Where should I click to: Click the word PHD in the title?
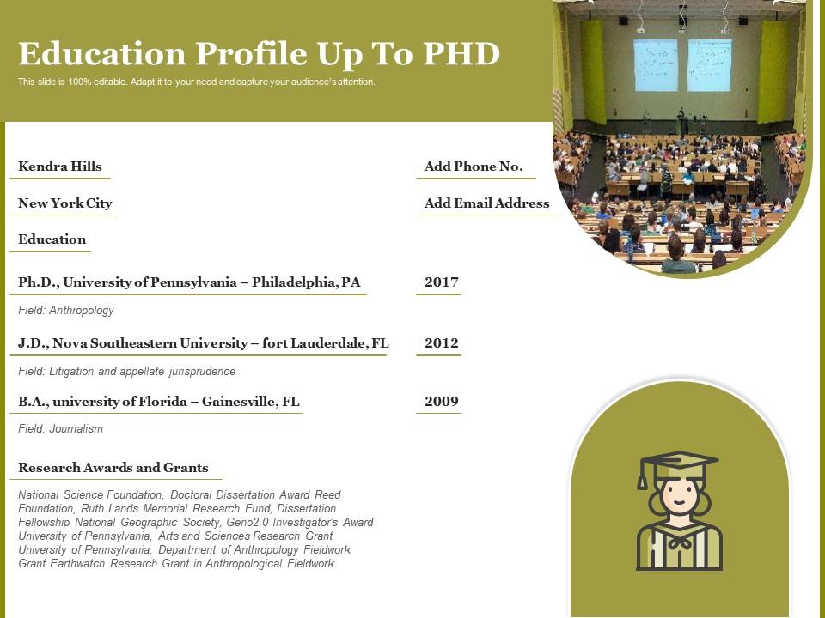461,53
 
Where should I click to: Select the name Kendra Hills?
60,167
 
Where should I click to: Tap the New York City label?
65,203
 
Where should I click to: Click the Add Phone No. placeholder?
474,167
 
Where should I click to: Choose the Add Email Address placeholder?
486,203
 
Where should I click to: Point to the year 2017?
442,282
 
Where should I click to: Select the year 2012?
442,343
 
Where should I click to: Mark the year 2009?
442,402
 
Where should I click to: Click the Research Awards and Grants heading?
113,468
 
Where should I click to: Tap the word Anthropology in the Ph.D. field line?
82,311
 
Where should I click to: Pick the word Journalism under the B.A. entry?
76,429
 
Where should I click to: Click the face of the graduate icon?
679,496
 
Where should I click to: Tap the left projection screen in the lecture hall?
656,65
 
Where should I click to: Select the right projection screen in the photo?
709,65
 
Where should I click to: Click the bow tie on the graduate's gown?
679,542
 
